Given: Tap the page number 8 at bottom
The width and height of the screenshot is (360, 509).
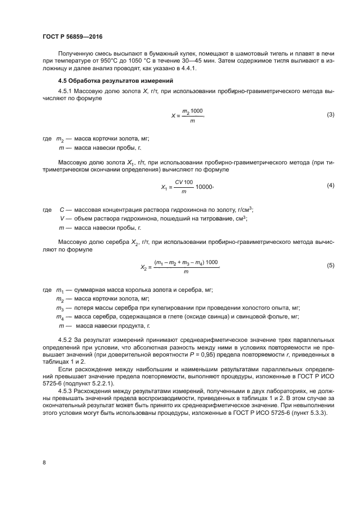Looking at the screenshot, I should [44, 462].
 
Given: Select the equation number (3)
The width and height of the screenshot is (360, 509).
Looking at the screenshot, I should [330, 115].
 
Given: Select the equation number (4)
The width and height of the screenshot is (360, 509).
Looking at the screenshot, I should [330, 186].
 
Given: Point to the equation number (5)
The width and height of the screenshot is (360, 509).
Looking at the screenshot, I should [330, 265].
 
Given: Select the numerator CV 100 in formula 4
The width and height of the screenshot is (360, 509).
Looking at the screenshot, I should [184, 182].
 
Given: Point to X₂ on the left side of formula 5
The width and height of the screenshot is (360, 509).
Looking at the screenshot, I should [144, 267].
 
